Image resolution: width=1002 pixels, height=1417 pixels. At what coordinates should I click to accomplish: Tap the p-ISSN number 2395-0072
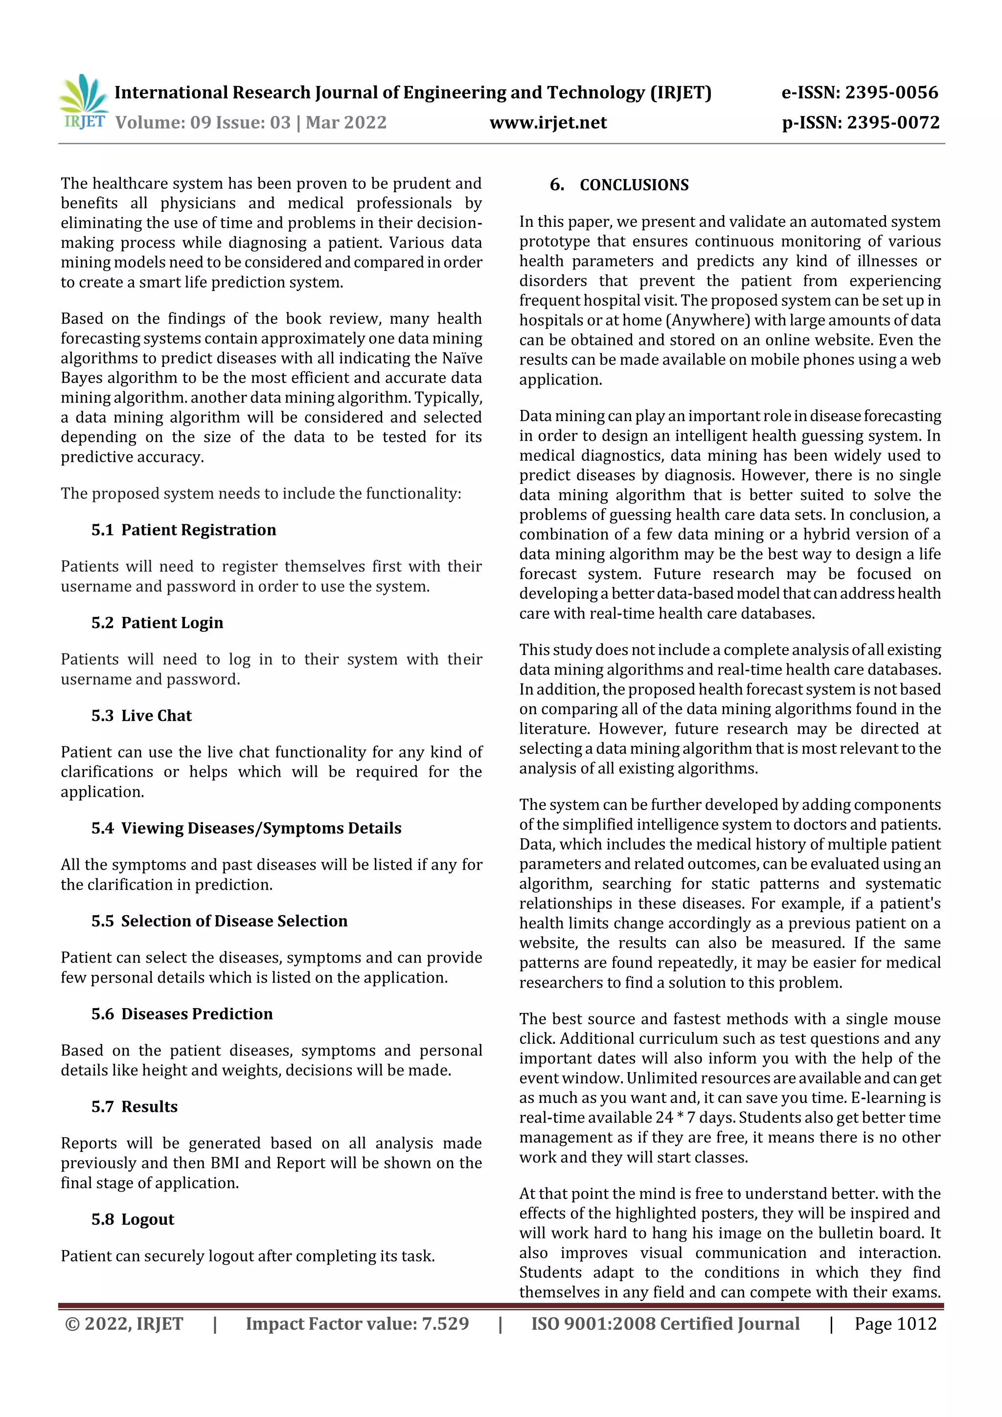[893, 123]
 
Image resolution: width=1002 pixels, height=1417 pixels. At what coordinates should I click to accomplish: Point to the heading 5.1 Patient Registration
[183, 530]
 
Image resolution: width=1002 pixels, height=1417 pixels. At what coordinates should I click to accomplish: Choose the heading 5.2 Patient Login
[157, 623]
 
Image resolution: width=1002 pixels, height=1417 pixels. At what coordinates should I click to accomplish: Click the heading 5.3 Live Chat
[141, 716]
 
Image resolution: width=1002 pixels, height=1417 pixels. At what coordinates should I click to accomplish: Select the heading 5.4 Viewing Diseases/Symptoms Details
[246, 828]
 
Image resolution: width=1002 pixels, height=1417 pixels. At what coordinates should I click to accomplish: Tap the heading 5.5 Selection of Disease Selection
[219, 921]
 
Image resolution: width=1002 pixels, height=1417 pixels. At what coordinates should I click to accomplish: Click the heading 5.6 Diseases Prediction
[182, 1014]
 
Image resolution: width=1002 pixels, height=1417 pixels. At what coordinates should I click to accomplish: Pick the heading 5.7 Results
[134, 1106]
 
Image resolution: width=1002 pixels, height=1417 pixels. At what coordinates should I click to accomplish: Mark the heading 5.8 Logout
[133, 1219]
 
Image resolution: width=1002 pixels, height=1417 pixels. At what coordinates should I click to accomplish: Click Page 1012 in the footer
[895, 1324]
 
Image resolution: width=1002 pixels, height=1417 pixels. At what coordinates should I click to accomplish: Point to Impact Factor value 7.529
[357, 1324]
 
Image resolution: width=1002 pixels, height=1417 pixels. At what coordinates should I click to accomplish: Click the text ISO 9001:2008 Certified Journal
[665, 1324]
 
